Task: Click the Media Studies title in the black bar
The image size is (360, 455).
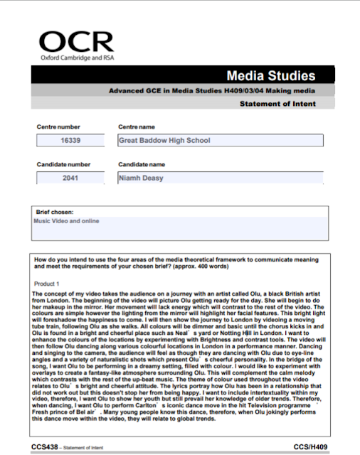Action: [270, 76]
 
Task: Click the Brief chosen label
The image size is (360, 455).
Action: [55, 212]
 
